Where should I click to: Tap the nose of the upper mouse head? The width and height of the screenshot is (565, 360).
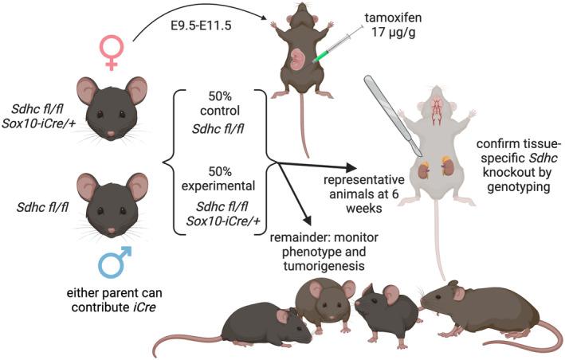[110, 131]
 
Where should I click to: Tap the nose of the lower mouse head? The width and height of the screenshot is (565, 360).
[110, 229]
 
